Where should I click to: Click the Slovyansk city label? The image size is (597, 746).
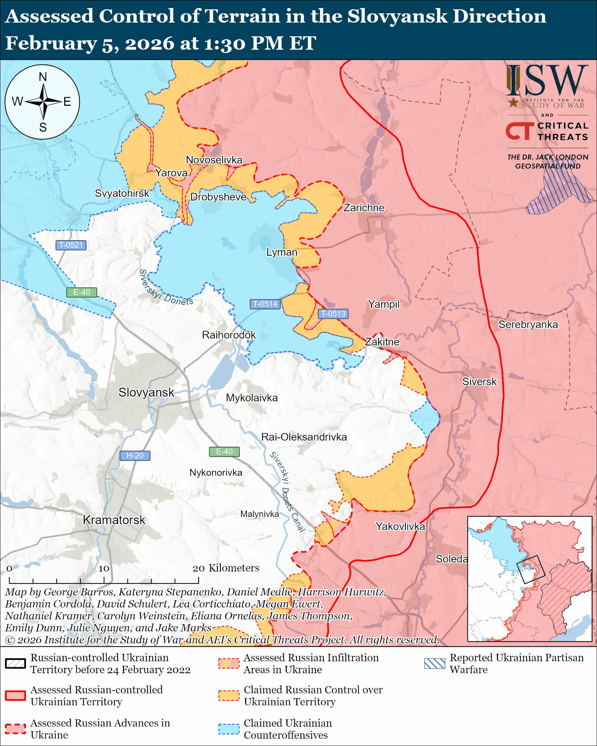146,392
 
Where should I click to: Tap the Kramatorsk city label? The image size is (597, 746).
114,520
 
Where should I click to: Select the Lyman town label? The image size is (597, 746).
282,252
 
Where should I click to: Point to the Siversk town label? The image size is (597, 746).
479,382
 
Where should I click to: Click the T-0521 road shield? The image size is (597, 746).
71,245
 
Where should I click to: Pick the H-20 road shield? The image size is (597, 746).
135,456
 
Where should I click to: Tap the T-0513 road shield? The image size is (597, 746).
333,313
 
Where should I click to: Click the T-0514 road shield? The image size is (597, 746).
265,304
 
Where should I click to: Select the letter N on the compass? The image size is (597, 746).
43,77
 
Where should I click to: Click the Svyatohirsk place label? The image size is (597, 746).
122,193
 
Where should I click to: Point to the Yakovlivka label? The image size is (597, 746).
400,526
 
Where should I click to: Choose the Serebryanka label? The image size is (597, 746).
528,324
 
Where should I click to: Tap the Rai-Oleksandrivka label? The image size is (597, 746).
304,437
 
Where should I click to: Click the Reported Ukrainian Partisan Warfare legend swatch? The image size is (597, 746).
434,663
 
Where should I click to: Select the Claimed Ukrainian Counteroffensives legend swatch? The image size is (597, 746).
229,729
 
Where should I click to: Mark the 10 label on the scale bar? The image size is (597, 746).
104,568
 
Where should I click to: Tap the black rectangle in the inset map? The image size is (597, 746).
530,569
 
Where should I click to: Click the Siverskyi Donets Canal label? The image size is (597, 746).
287,492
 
